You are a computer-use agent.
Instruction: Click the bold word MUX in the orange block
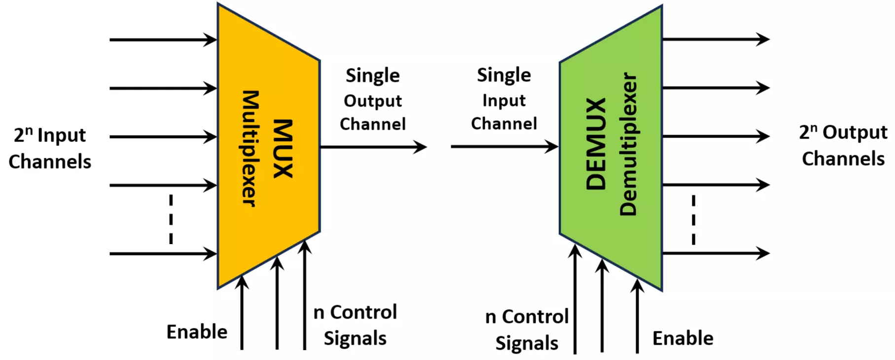click(283, 148)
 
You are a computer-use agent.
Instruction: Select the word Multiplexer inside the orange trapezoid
click(250, 148)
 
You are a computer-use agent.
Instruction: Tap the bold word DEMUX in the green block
click(596, 144)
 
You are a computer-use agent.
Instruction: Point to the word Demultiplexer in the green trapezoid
click(628, 144)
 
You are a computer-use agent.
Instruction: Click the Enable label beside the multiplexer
click(197, 332)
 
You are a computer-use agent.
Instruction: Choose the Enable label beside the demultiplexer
click(682, 338)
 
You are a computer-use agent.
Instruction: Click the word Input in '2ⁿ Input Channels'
click(62, 135)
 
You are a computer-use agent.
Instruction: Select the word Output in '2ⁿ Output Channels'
click(855, 132)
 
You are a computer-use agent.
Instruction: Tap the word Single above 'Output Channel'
click(373, 75)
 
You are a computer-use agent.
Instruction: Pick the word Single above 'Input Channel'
click(504, 75)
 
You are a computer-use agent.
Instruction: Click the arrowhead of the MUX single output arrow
click(420, 146)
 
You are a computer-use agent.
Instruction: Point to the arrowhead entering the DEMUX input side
click(551, 146)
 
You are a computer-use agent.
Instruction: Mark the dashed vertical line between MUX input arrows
click(171, 219)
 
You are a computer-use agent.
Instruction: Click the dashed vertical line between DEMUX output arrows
click(693, 220)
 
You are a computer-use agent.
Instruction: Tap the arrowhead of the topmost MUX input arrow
click(211, 39)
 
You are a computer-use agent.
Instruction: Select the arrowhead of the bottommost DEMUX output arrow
click(763, 253)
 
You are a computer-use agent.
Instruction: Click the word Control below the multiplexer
click(363, 312)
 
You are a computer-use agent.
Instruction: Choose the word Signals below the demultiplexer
click(527, 343)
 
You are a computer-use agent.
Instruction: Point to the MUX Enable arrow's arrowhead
click(242, 282)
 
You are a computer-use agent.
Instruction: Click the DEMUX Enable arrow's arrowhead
click(637, 286)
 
